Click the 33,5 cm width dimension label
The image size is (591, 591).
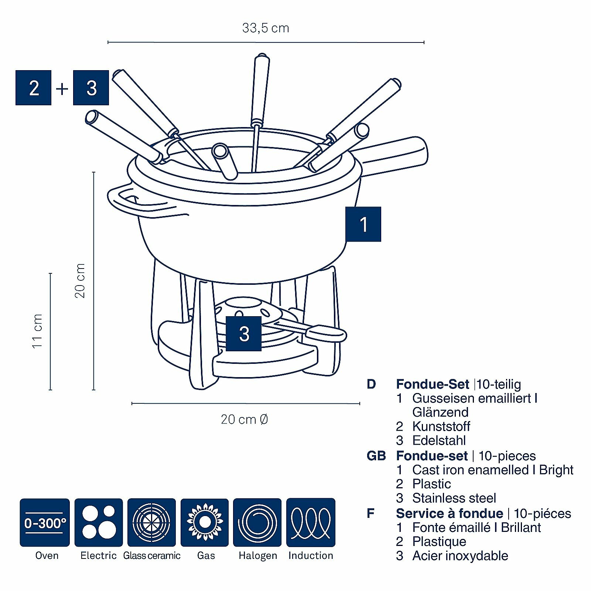coord(266,28)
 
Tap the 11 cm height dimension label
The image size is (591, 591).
coord(37,331)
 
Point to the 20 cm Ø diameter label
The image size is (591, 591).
coord(244,420)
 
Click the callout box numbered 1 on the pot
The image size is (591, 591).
coord(363,224)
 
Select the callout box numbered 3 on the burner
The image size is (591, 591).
coord(244,334)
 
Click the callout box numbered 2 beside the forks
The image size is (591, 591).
coord(34,88)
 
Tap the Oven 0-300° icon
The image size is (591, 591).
coord(45,522)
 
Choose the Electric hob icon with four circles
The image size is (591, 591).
coord(99,522)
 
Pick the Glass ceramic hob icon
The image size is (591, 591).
coord(151,522)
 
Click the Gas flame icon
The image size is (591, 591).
coord(205,522)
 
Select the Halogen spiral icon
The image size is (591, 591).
coord(257,522)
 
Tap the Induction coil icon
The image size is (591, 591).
coord(311,522)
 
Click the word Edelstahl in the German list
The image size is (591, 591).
coord(439,440)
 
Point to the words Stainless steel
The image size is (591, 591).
coord(454,498)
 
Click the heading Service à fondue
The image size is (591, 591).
coord(449,513)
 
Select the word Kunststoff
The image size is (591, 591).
coord(441,426)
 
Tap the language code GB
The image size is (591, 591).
coord(376,456)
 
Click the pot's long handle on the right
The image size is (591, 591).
coord(395,155)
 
